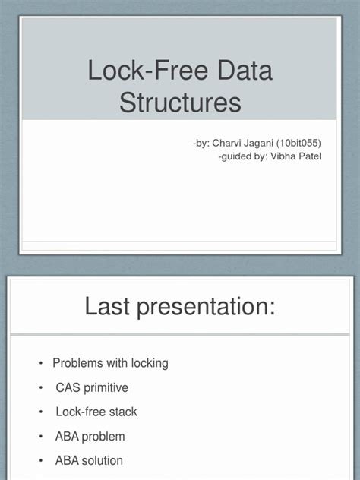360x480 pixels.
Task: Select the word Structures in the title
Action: coord(180,103)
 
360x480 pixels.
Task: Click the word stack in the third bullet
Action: coord(122,412)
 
